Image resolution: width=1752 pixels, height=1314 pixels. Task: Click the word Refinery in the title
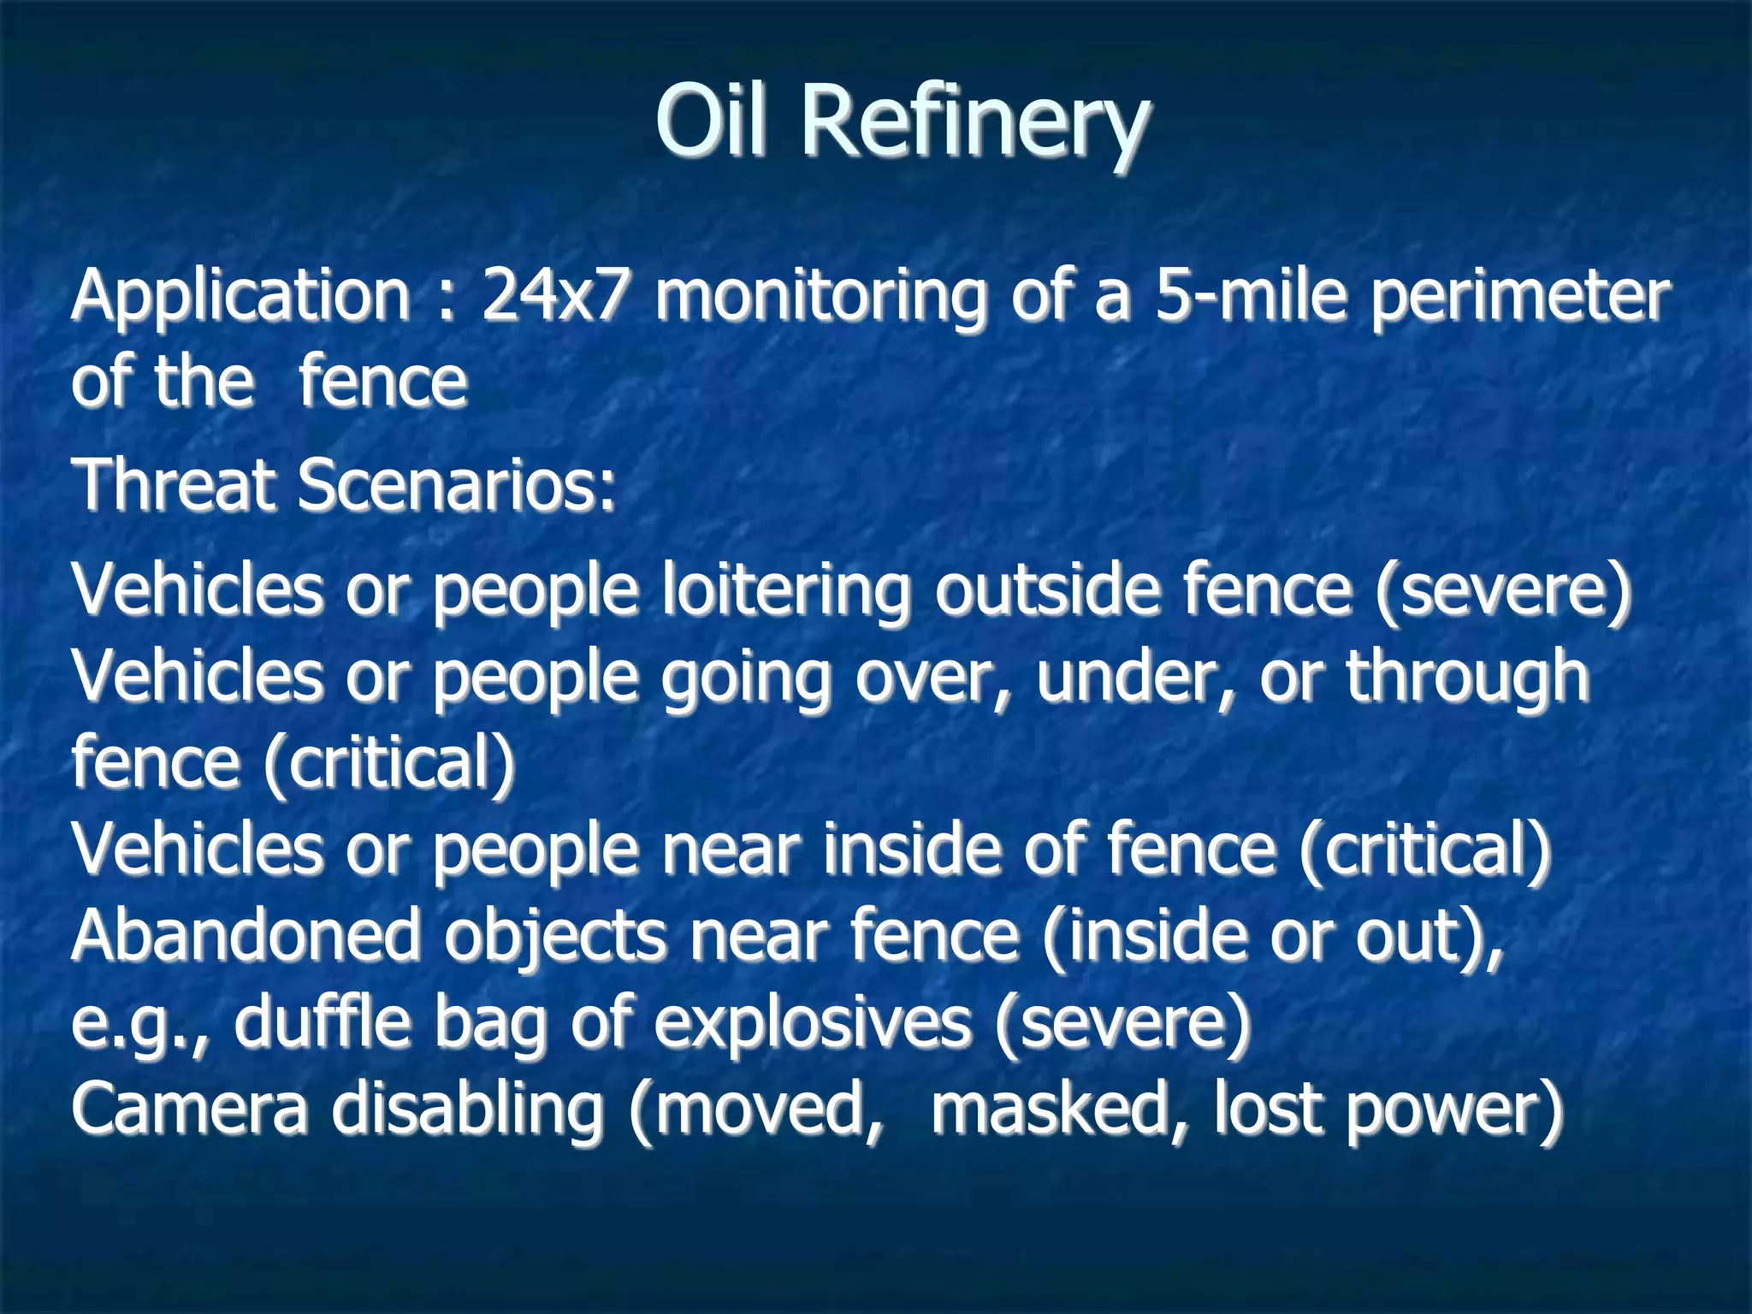(x=975, y=124)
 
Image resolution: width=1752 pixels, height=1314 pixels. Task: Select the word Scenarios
(x=455, y=485)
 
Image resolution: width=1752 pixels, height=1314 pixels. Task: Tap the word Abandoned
(x=246, y=935)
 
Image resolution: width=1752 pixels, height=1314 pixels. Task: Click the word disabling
(x=468, y=1110)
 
